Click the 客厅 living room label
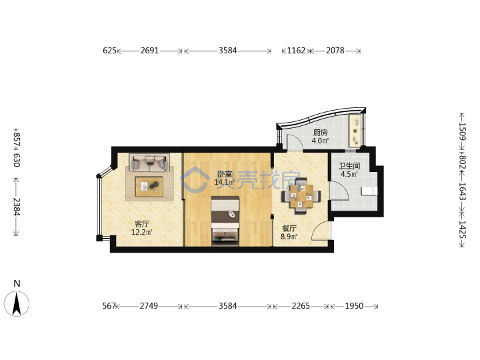pyautogui.click(x=142, y=224)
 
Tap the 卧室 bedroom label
pyautogui.click(x=225, y=175)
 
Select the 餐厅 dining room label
pyautogui.click(x=289, y=229)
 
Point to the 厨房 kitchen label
pyautogui.click(x=320, y=133)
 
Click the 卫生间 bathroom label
pyautogui.click(x=349, y=166)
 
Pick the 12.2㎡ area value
pyautogui.click(x=142, y=233)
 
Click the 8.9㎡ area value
pyautogui.click(x=289, y=237)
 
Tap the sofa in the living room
pyautogui.click(x=149, y=161)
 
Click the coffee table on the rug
pyautogui.click(x=149, y=187)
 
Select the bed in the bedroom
pyautogui.click(x=225, y=221)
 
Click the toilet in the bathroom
pyautogui.click(x=369, y=191)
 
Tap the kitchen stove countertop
pyautogui.click(x=355, y=131)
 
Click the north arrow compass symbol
pyautogui.click(x=17, y=304)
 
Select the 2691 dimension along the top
pyautogui.click(x=149, y=51)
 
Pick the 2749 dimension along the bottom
pyautogui.click(x=149, y=306)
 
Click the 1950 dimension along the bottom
pyautogui.click(x=354, y=306)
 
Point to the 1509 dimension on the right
pyautogui.click(x=462, y=131)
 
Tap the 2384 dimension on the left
pyautogui.click(x=17, y=207)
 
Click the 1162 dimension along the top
pyautogui.click(x=296, y=51)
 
